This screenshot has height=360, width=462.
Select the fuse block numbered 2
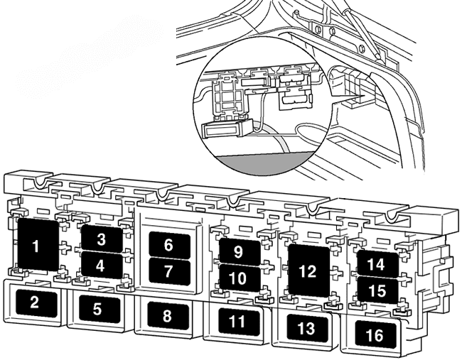[34, 302]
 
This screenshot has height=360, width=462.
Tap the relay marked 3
[102, 239]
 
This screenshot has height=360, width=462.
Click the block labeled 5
[97, 308]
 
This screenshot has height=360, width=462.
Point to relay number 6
[168, 245]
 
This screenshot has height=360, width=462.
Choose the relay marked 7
[168, 271]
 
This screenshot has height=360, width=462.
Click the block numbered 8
[167, 315]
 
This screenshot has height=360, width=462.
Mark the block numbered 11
[237, 321]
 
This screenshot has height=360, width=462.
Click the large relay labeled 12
[307, 271]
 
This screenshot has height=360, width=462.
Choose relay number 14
[376, 264]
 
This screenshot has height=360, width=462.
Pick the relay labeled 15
[376, 290]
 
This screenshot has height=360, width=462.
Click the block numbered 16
[375, 334]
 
